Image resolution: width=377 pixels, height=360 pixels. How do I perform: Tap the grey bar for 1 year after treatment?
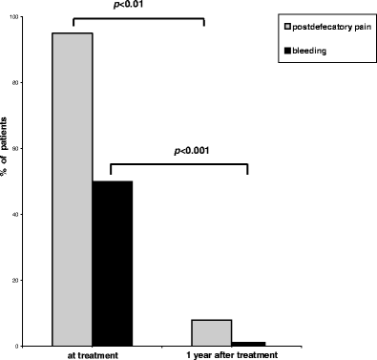(x=211, y=332)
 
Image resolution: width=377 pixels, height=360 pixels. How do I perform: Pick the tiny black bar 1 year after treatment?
(x=248, y=343)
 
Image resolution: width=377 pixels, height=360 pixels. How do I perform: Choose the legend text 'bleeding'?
(x=310, y=50)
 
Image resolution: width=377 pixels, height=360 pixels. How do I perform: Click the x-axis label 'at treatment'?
(x=92, y=355)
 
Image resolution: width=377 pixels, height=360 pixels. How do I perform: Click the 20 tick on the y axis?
(x=30, y=280)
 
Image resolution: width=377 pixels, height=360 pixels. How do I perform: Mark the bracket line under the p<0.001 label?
(x=179, y=163)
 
